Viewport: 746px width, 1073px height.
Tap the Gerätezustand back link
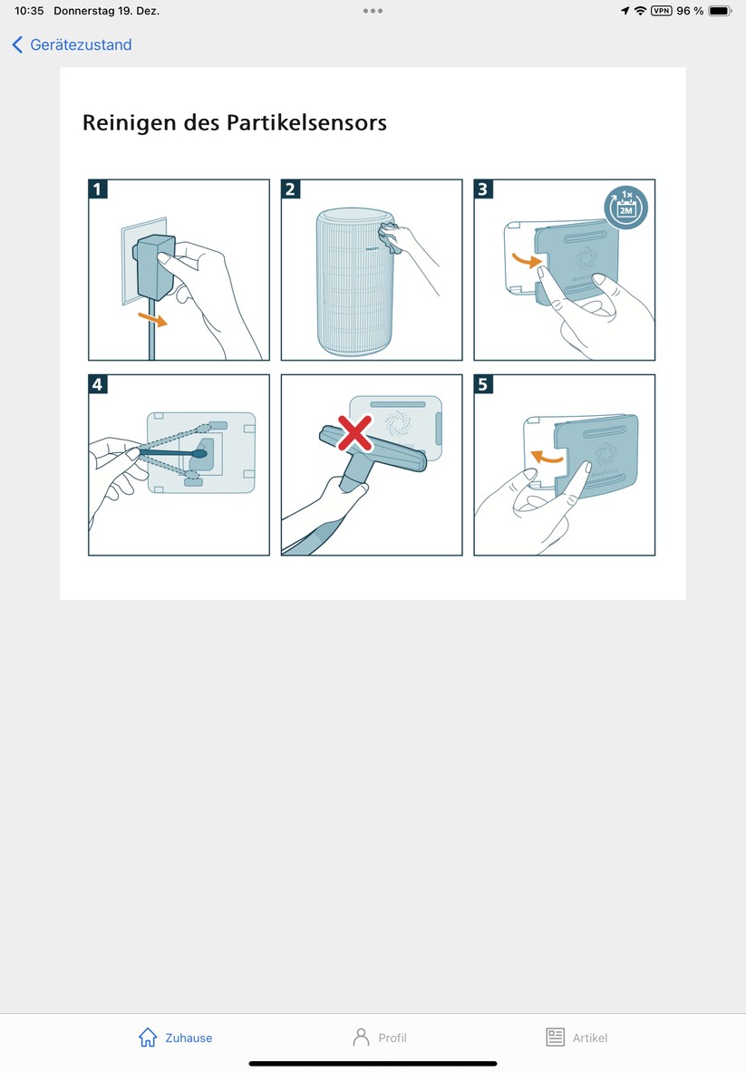73,44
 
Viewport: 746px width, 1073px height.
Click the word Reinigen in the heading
129,122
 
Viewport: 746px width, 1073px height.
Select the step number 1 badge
98,189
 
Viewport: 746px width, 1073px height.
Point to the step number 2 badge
291,189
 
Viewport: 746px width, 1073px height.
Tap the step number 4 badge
98,385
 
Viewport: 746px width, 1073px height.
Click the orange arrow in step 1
151,319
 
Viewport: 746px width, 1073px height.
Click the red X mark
355,433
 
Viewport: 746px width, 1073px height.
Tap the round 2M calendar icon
625,205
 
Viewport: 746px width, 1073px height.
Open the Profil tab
380,1038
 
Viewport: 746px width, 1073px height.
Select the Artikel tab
576,1038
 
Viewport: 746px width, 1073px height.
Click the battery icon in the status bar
721,11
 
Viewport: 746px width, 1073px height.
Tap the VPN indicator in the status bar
662,11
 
